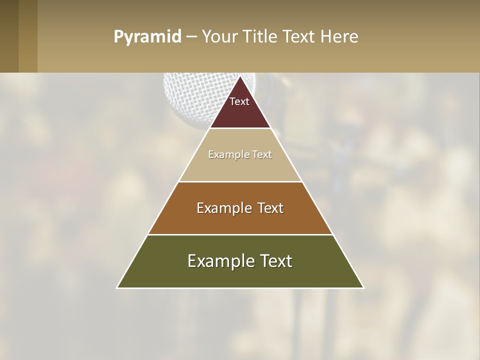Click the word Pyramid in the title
pyautogui.click(x=147, y=37)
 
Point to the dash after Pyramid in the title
pyautogui.click(x=191, y=37)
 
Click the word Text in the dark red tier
pyautogui.click(x=239, y=101)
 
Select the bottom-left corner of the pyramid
pyautogui.click(x=117, y=287)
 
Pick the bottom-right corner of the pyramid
pyautogui.click(x=363, y=287)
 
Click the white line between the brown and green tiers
pyautogui.click(x=240, y=234)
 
